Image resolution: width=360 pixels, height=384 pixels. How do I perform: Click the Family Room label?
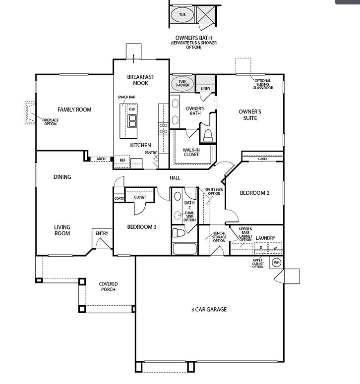74,110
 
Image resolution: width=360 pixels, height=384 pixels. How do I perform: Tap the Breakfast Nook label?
140,80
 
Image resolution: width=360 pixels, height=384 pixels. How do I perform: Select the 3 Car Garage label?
209,309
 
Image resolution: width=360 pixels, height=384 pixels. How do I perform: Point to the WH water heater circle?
277,262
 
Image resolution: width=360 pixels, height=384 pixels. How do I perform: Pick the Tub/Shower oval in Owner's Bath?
182,83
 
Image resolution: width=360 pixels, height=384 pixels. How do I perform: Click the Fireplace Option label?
50,121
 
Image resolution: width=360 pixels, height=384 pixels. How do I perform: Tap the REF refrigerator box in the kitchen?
121,161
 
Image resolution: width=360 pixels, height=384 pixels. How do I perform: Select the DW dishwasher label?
132,109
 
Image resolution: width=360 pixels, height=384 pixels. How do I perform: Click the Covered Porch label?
108,286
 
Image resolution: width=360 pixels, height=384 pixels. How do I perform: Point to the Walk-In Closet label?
191,152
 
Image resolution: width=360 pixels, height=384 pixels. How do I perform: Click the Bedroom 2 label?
254,193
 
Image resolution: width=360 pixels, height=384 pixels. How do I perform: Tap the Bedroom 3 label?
142,227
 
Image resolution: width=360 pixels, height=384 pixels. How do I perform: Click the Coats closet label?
119,198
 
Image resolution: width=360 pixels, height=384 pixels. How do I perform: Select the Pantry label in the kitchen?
151,153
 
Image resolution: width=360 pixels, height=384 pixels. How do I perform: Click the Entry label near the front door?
102,233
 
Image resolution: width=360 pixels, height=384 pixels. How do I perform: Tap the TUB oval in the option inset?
182,14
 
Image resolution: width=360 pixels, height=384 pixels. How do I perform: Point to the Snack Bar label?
126,97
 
